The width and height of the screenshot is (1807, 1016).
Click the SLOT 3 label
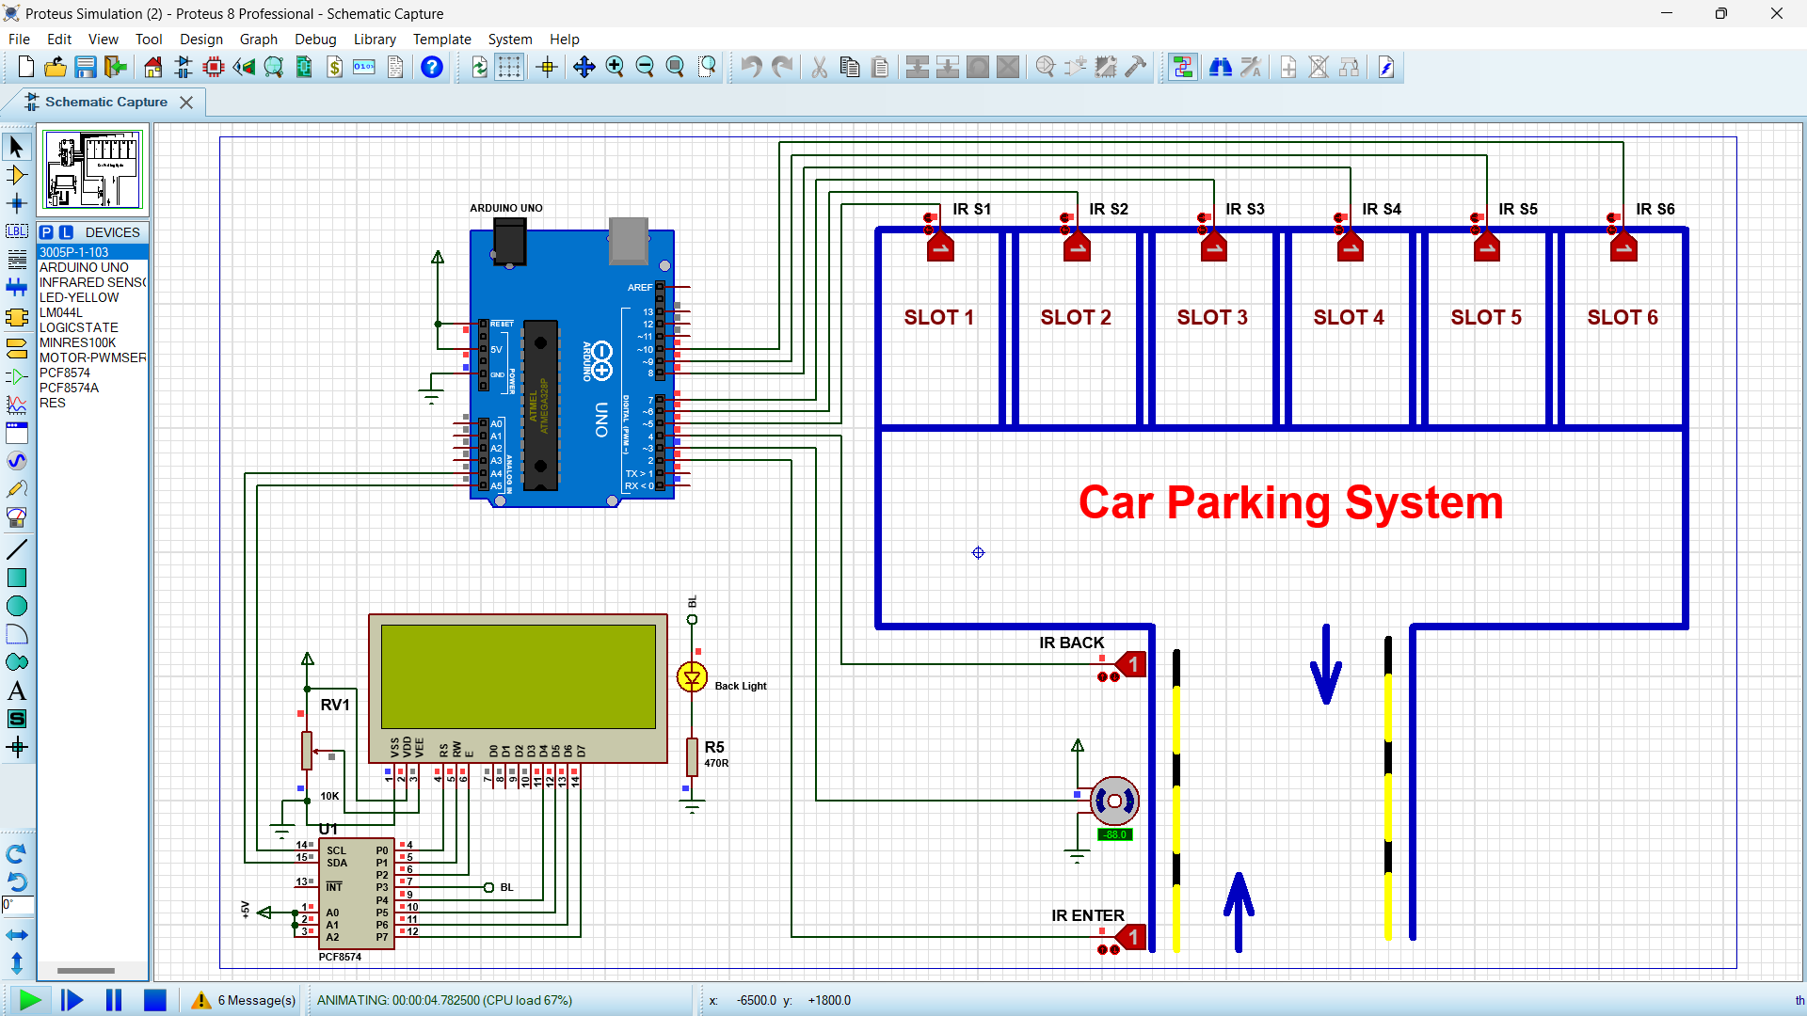[x=1212, y=318]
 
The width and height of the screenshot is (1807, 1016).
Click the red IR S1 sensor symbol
[x=940, y=247]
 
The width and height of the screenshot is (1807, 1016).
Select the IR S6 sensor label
[x=1655, y=209]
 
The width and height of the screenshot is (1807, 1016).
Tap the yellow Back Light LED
[x=692, y=677]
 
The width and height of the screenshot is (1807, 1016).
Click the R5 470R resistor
[x=692, y=756]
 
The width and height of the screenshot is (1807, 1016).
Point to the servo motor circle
[x=1114, y=801]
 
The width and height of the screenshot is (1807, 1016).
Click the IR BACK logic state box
[x=1133, y=665]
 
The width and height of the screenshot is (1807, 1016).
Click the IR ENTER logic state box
[x=1133, y=938]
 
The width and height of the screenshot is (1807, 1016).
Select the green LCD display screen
[x=518, y=676]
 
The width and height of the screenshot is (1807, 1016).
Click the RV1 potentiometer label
[x=335, y=705]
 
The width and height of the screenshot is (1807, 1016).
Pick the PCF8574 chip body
[x=356, y=894]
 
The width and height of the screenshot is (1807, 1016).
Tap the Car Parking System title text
[x=1290, y=503]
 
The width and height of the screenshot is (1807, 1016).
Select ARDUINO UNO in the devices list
[x=84, y=267]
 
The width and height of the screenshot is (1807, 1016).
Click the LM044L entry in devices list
[x=61, y=312]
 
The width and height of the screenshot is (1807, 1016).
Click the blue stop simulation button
[x=155, y=1000]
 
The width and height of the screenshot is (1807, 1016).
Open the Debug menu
[x=314, y=40]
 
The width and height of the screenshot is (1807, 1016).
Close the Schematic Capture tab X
[x=186, y=103]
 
